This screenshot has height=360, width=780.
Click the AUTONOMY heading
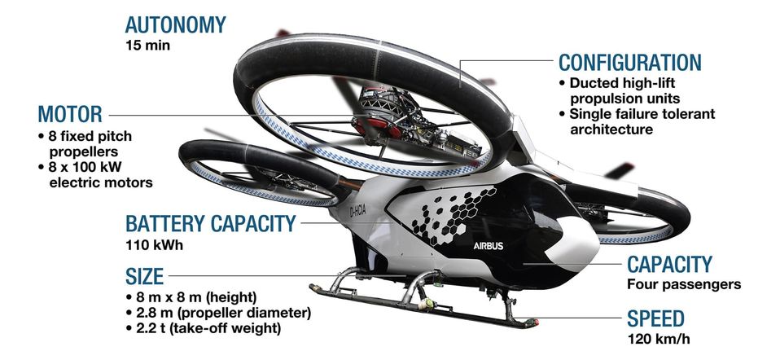[175, 25]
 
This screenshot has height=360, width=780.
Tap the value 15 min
[147, 46]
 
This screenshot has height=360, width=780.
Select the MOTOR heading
[70, 114]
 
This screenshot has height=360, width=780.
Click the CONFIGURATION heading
[629, 63]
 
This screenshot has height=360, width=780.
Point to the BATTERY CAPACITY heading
[210, 223]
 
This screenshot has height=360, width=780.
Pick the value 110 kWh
[154, 245]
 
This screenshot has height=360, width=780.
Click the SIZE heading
[144, 276]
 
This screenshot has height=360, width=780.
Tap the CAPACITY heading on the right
[669, 265]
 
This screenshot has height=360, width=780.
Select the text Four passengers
[684, 285]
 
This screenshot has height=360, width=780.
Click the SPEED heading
[655, 318]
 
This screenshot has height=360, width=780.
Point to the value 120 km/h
[659, 340]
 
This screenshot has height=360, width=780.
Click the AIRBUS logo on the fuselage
[488, 246]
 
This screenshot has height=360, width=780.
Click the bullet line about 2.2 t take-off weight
[204, 328]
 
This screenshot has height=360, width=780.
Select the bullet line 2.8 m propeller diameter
[219, 314]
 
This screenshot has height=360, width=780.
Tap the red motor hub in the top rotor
[377, 126]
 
